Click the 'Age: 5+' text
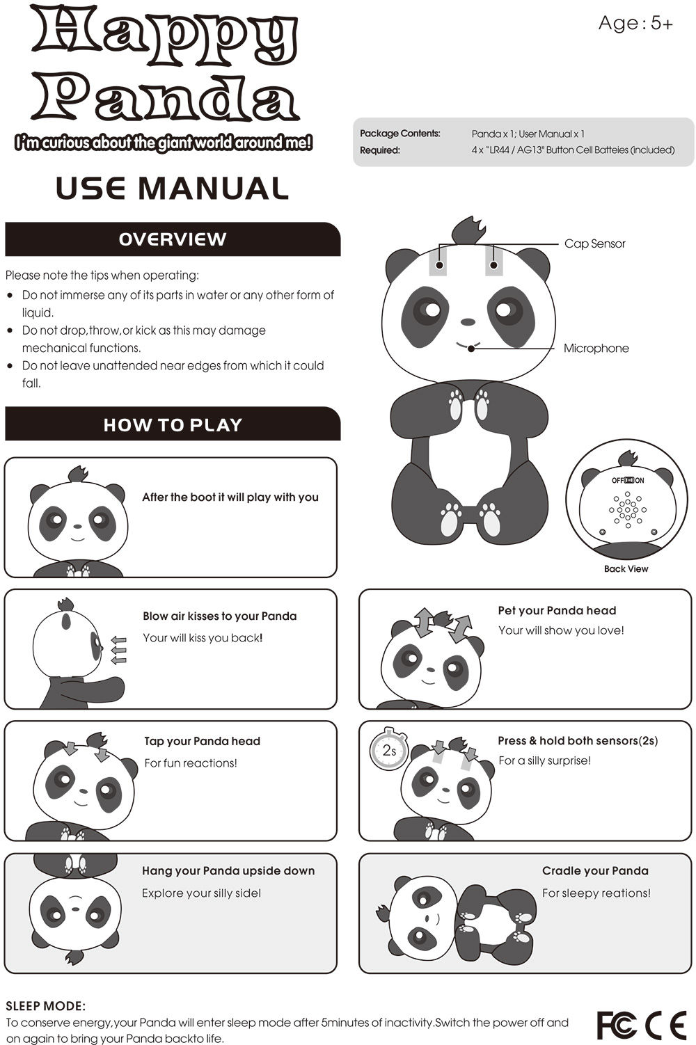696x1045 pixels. tap(635, 24)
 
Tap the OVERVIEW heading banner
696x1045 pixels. tap(173, 239)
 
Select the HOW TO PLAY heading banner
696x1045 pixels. tap(173, 424)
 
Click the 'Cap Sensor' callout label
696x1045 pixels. tap(594, 244)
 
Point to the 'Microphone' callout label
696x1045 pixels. tap(596, 348)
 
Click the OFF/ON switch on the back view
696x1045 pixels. tap(628, 480)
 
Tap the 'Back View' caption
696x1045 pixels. tap(626, 568)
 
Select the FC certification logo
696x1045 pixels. tap(617, 1024)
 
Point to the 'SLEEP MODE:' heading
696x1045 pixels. tap(46, 1006)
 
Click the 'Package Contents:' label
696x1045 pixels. tap(400, 134)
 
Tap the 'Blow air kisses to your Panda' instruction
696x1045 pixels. tap(219, 616)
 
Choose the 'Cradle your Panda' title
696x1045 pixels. tap(595, 870)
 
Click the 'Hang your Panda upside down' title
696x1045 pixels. tap(228, 870)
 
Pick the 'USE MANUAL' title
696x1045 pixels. tap(172, 189)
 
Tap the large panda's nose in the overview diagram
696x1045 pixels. tap(468, 323)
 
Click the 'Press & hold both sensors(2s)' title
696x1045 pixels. tap(578, 740)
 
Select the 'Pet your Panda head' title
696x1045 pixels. tap(557, 611)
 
